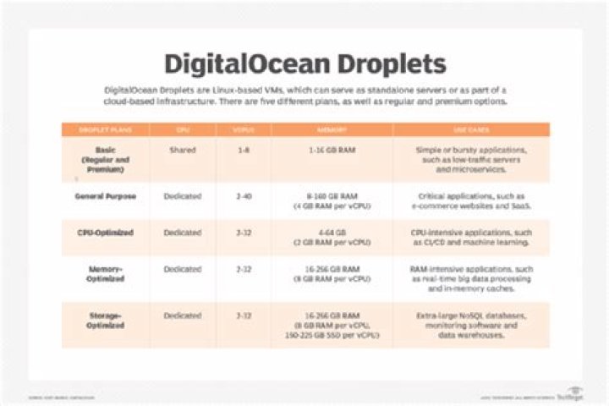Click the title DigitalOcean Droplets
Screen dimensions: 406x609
pos(304,63)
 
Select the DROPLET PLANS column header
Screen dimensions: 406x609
pos(106,129)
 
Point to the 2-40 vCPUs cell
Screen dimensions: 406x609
pos(243,196)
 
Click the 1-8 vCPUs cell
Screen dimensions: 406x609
pos(243,151)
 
